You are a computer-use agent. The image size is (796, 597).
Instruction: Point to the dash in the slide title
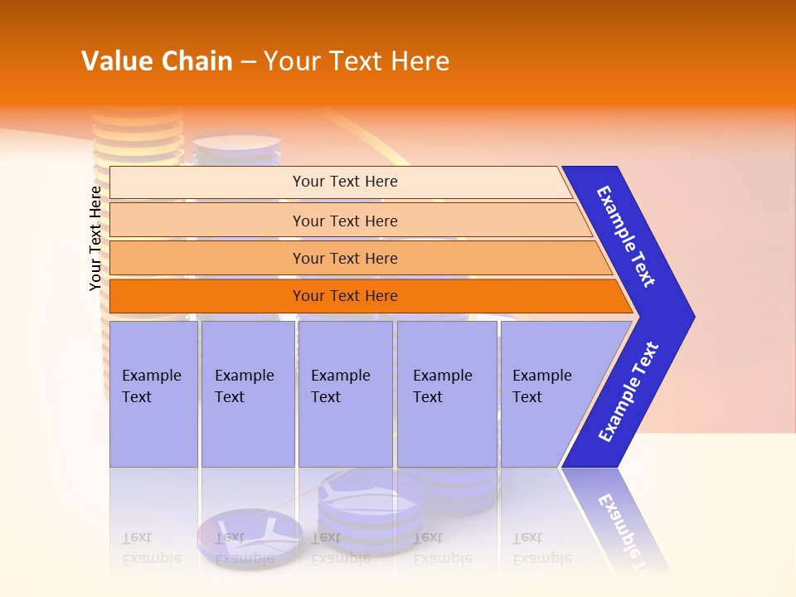[x=248, y=61]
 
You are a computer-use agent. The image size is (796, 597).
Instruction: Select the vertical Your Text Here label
[x=95, y=238]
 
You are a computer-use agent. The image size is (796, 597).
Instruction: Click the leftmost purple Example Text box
[x=153, y=394]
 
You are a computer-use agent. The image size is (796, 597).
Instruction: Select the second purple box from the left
[x=248, y=394]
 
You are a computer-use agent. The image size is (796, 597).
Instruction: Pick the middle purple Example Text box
[x=345, y=394]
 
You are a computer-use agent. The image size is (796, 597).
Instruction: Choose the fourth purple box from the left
[x=447, y=394]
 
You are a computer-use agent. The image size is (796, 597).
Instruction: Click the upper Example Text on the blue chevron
[x=626, y=236]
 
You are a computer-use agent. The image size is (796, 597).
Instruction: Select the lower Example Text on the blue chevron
[x=629, y=392]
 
